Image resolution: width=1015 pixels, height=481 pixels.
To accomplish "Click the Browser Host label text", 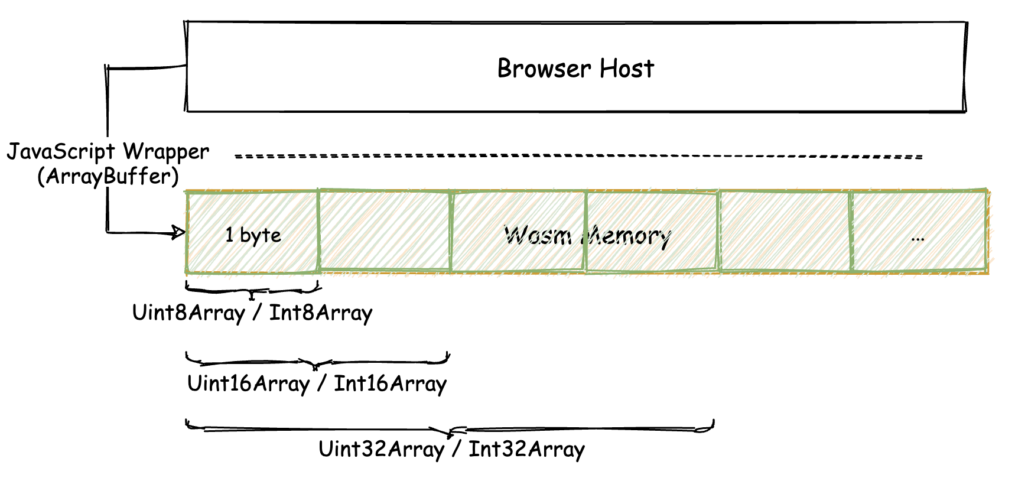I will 575,69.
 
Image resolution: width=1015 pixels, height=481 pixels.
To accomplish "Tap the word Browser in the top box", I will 543,69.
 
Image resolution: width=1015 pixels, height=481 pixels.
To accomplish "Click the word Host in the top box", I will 627,69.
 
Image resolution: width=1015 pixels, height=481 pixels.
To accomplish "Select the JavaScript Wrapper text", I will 108,152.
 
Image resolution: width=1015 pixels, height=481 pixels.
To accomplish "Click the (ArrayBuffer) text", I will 108,176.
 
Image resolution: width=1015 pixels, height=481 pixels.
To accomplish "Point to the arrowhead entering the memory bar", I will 178,232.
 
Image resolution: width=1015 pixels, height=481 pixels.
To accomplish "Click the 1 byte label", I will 253,235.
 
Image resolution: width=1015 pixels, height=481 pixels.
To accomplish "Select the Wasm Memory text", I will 587,236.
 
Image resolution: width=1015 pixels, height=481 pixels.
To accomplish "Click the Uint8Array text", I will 188,313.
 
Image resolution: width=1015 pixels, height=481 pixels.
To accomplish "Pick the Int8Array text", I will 321,313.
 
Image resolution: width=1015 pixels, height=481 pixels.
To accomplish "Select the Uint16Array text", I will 248,383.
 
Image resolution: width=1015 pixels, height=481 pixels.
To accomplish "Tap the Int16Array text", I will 390,383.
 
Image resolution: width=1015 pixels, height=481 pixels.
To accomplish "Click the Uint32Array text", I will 381,449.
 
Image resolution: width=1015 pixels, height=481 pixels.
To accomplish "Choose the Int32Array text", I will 526,449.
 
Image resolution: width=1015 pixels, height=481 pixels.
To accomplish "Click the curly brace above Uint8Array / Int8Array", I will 253,290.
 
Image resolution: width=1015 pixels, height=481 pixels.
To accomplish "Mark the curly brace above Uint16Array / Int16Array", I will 317,361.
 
